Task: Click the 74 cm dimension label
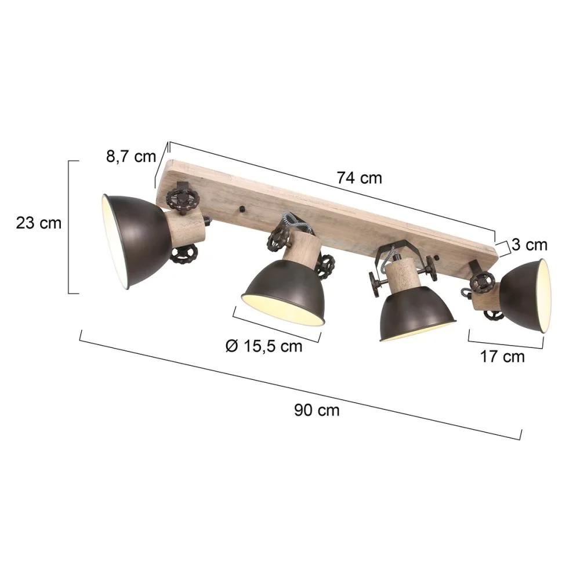coord(359,178)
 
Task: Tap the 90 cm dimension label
coord(317,410)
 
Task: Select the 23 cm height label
coord(39,223)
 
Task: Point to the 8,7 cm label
coord(131,157)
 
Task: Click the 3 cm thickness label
coord(530,245)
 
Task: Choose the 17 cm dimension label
coord(502,357)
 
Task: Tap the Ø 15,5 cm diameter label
coord(264,346)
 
